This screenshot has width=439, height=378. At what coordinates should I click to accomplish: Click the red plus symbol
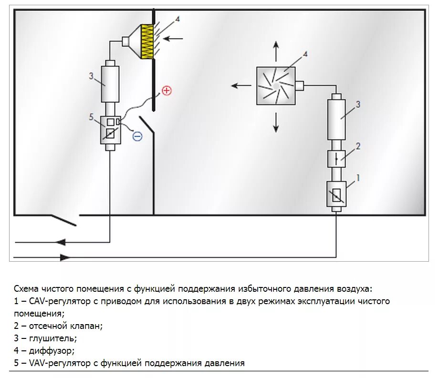[x=166, y=91]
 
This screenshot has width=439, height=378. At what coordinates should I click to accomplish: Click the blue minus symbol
[x=137, y=136]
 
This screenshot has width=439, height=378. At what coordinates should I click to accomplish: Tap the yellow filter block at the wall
[x=147, y=41]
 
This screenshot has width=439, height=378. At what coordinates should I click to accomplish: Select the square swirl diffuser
[x=276, y=85]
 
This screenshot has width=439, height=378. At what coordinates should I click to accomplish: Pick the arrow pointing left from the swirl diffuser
[x=241, y=86]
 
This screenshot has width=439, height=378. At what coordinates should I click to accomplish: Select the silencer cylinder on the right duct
[x=336, y=116]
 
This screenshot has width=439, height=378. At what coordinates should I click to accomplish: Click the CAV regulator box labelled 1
[x=336, y=194]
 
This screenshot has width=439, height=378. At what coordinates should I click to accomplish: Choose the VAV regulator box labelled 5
[x=110, y=129]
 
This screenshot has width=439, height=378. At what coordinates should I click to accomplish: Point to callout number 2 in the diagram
[x=358, y=146]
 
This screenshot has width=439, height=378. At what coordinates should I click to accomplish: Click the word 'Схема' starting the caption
[x=26, y=289]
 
